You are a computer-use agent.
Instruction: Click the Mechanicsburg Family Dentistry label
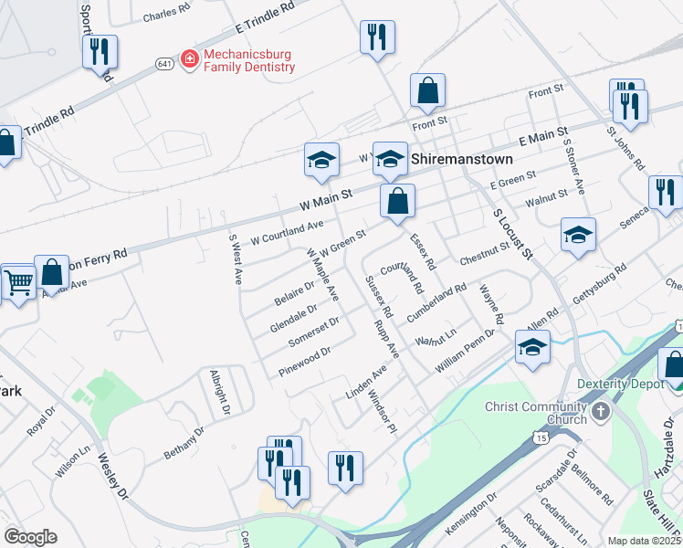click(x=249, y=60)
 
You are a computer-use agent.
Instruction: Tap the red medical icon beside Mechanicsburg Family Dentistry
click(x=189, y=59)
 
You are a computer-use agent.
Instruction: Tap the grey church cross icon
click(x=600, y=412)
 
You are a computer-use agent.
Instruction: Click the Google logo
click(x=31, y=537)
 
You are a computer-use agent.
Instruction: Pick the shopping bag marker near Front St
click(x=427, y=90)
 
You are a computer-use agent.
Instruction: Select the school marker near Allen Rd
click(x=532, y=348)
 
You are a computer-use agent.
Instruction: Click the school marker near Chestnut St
click(x=578, y=235)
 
